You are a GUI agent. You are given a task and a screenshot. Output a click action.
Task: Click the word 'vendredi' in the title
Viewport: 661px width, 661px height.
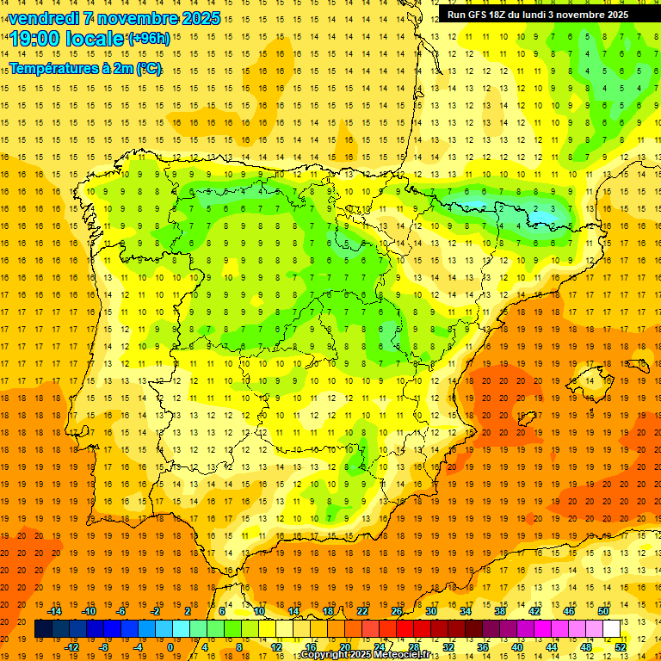(x=42, y=18)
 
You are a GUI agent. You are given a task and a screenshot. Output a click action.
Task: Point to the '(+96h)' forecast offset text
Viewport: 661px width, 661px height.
(x=149, y=39)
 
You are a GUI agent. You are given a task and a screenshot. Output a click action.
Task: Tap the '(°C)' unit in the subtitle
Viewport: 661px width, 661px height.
(x=147, y=68)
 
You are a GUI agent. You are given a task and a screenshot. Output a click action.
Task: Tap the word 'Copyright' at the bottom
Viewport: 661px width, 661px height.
(x=326, y=655)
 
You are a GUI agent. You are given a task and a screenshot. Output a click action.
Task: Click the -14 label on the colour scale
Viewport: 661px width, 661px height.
(x=54, y=611)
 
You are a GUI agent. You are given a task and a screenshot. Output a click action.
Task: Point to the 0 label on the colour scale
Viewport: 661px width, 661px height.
(x=170, y=647)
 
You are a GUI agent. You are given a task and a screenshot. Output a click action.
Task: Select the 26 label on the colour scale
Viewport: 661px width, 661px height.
(x=397, y=611)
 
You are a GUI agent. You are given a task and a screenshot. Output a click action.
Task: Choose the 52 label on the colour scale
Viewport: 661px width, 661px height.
(x=621, y=647)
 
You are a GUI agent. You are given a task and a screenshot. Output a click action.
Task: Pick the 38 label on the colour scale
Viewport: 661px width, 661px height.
(x=498, y=611)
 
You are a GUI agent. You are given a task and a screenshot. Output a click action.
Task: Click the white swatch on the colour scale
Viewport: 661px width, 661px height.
(x=612, y=629)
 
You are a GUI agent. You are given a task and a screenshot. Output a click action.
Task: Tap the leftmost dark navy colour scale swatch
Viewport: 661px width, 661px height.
(x=43, y=629)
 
